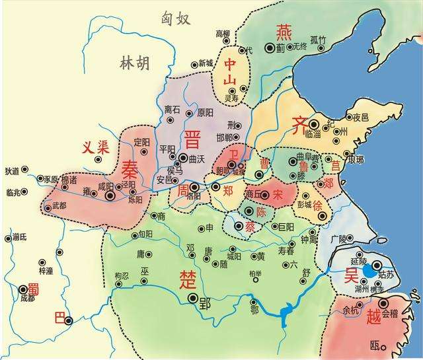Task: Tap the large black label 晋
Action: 194,139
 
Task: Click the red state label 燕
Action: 284,32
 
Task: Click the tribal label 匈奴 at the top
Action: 176,18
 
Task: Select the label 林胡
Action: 134,63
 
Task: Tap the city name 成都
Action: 27,299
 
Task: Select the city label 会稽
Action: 390,303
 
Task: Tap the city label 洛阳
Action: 194,196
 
